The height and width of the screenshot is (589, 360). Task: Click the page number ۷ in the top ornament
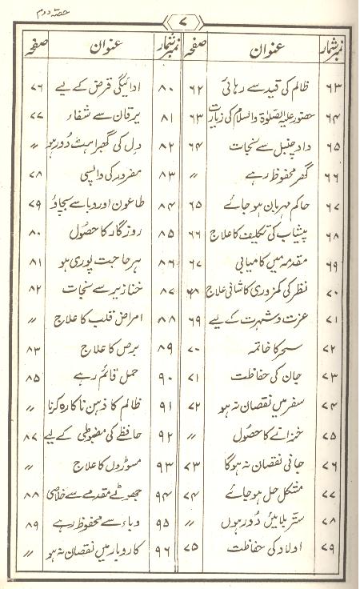179,17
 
